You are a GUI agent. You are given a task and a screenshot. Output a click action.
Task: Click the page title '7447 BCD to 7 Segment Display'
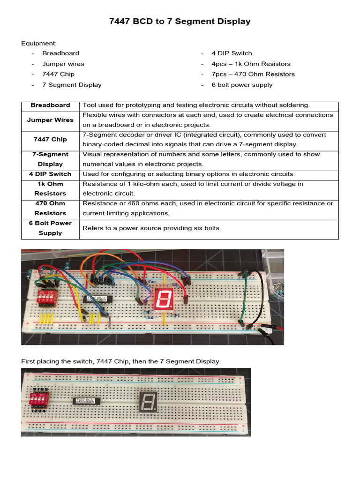(x=180, y=22)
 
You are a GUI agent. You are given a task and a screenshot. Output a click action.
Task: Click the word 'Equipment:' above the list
(x=38, y=43)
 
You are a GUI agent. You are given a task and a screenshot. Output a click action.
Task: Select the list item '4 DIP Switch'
(x=232, y=53)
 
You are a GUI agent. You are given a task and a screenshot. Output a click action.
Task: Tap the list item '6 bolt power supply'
(x=241, y=85)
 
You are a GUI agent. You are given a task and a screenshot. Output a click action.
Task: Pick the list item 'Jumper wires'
(x=63, y=64)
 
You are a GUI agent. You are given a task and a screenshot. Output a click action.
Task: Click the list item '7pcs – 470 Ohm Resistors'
(x=253, y=74)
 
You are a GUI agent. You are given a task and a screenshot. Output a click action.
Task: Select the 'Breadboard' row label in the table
(x=50, y=105)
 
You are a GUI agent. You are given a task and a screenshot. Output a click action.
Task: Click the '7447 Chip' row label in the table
(x=50, y=139)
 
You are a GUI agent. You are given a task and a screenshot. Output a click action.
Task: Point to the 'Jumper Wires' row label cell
(x=50, y=120)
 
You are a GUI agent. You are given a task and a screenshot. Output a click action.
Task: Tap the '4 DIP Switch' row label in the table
(x=50, y=174)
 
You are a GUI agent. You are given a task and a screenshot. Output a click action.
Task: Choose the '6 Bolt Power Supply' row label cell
(x=50, y=228)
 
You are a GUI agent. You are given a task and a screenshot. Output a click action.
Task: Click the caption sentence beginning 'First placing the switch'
(x=120, y=361)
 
